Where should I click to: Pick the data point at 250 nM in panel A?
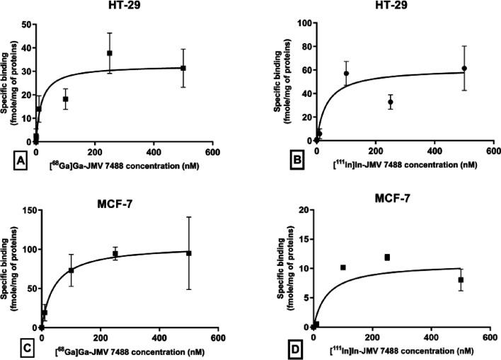[x=110, y=53]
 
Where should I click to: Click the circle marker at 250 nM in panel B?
[x=390, y=102]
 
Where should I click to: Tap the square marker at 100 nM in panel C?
[x=71, y=270]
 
